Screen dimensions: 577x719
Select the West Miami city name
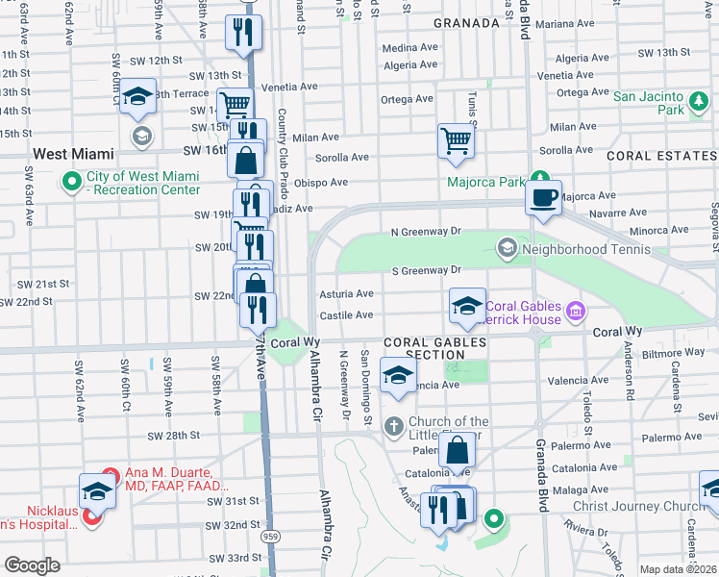point(73,154)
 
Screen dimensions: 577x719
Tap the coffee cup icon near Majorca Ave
point(544,197)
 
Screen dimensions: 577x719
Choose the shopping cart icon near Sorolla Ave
point(457,141)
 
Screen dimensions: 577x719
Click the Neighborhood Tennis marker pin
point(507,249)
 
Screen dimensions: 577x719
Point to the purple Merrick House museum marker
point(576,310)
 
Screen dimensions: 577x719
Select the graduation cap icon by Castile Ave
point(467,307)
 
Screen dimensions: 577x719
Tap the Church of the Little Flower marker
point(393,425)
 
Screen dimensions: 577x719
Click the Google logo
point(32,565)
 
